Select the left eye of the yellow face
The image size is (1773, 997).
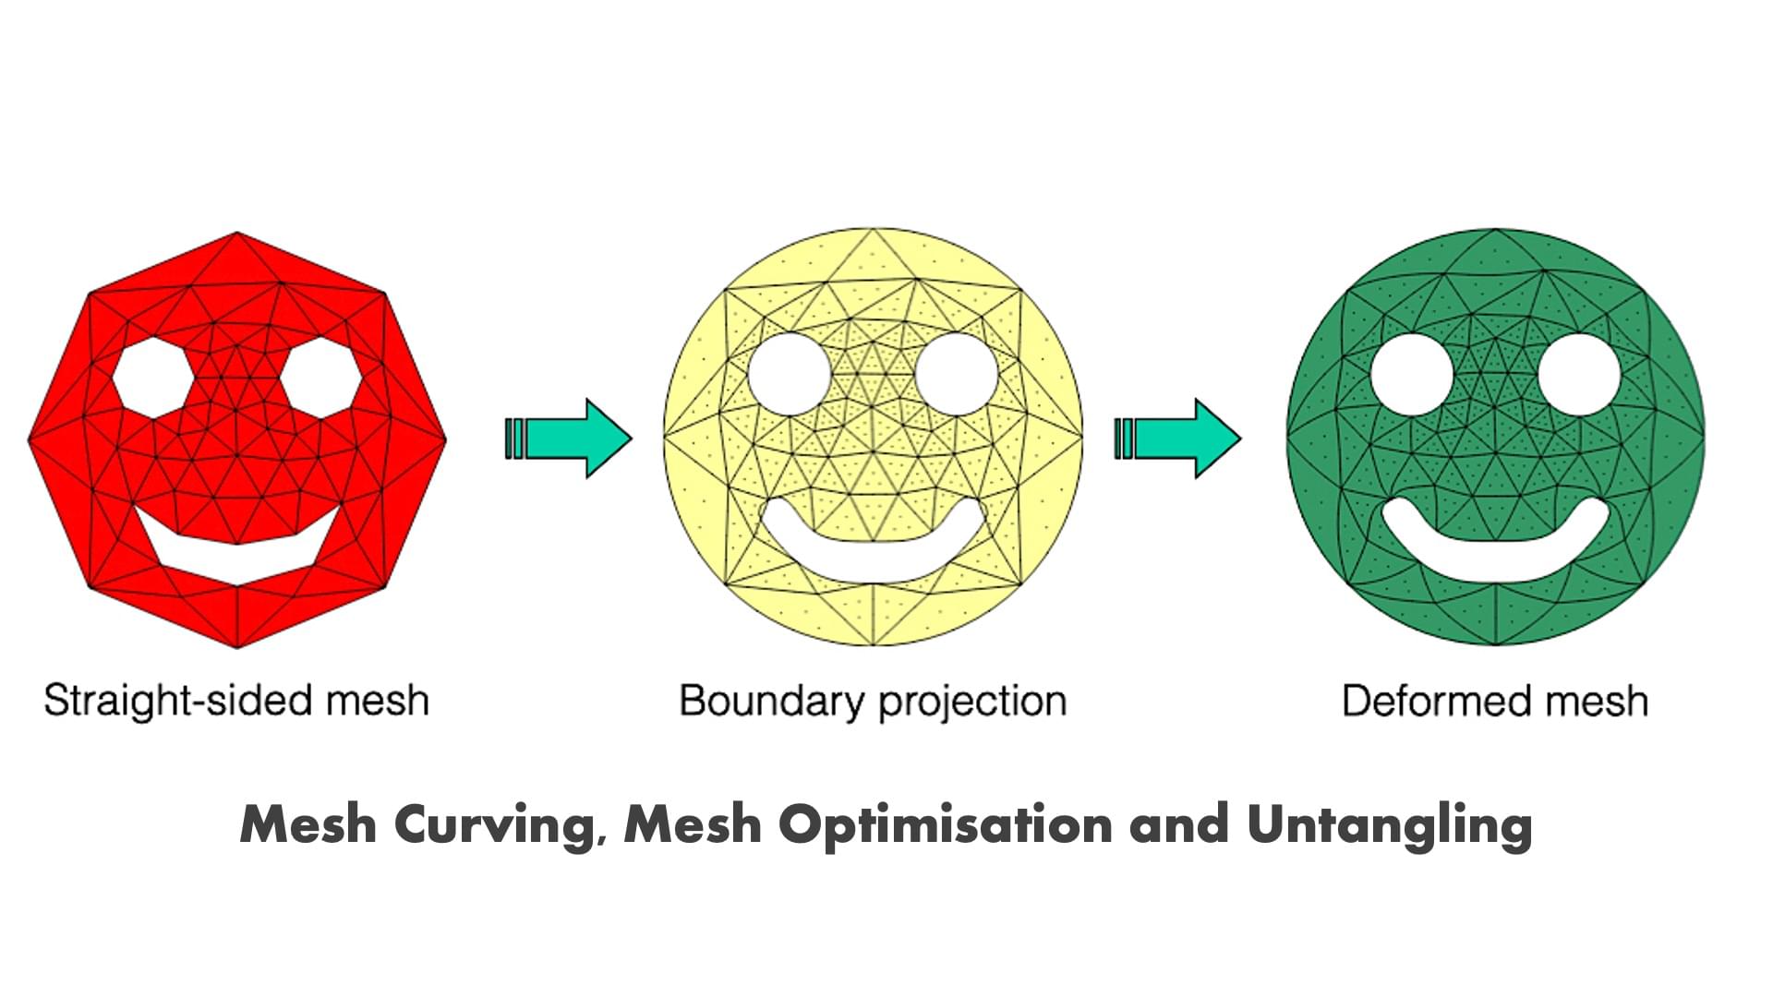[x=790, y=375]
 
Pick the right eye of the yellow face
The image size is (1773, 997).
[x=956, y=375]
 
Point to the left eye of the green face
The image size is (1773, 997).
[x=1413, y=375]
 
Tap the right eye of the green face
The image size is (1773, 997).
[x=1579, y=375]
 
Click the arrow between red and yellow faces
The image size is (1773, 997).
[x=569, y=438]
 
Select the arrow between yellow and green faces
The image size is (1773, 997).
[x=1178, y=438]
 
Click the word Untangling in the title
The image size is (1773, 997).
[x=1389, y=824]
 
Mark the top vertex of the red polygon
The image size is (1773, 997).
[x=237, y=233]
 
